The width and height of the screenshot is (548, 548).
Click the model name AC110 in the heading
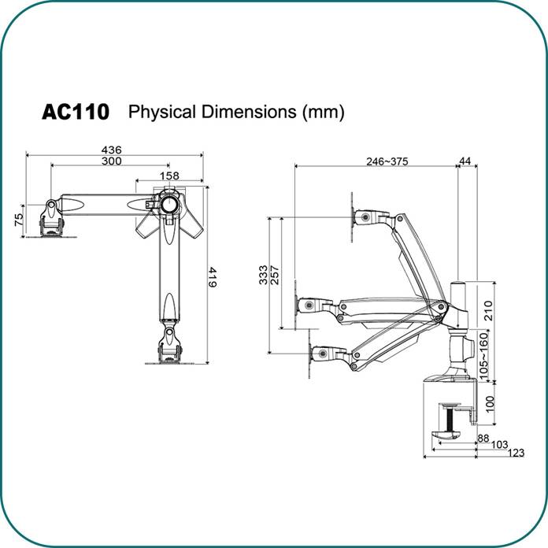tap(75, 112)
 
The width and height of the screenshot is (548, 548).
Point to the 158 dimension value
tap(169, 176)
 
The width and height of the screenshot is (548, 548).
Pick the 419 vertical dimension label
tap(212, 278)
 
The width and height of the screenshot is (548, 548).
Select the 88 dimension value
tap(483, 438)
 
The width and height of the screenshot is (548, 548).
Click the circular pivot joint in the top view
tap(169, 202)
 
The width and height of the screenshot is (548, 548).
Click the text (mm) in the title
tap(324, 112)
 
